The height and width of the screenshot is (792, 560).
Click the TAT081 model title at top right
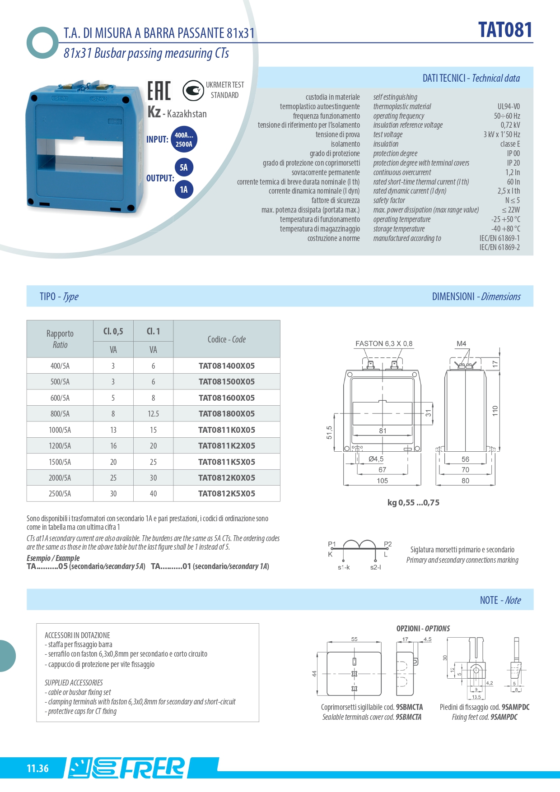click(505, 30)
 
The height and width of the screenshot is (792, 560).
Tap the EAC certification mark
click(159, 91)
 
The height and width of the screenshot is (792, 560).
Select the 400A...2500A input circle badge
click(184, 139)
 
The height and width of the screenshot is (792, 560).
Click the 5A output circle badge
click(184, 167)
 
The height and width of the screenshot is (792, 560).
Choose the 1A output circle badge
click(184, 190)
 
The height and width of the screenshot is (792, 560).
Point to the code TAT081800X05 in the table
click(226, 414)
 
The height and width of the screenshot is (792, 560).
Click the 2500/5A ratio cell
click(60, 494)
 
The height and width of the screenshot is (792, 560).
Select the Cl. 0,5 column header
click(113, 332)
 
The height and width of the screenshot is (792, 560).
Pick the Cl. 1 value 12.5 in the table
click(153, 414)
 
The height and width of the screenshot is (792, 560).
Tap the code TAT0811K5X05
click(226, 462)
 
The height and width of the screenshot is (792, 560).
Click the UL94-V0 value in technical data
click(509, 107)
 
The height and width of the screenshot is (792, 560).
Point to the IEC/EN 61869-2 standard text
click(499, 247)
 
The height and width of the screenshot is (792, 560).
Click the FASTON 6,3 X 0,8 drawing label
click(383, 344)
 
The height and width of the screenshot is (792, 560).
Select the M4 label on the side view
click(461, 344)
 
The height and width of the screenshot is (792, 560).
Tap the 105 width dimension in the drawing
click(382, 481)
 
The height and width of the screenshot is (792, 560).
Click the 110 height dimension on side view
click(495, 411)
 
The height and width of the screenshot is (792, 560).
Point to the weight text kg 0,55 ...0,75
click(413, 503)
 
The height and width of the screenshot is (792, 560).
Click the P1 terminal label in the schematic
click(332, 544)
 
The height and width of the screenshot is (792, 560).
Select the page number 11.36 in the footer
click(37, 769)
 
